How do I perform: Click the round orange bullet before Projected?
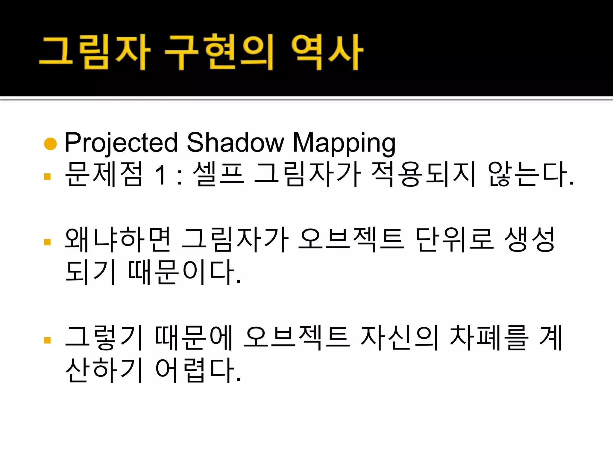(50, 143)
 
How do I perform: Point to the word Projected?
(121, 143)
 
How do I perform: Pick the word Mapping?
(344, 143)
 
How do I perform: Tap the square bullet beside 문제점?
(47, 176)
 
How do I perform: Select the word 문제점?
(104, 174)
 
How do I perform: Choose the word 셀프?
(218, 174)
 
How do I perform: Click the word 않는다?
(528, 174)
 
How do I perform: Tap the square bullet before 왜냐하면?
(47, 242)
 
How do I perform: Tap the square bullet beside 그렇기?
(47, 340)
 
